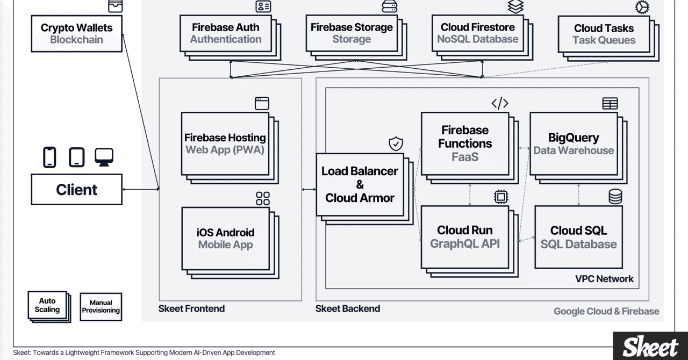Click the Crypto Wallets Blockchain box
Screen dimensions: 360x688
tap(76, 33)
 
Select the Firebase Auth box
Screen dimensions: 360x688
tap(225, 33)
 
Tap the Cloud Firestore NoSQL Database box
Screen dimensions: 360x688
tap(477, 33)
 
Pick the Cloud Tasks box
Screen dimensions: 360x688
tap(604, 34)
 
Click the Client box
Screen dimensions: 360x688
tap(76, 189)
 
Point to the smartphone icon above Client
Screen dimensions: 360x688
tap(49, 157)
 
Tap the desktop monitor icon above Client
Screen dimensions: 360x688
tap(104, 156)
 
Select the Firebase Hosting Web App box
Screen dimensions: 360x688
tap(225, 143)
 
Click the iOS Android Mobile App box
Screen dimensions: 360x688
tap(225, 239)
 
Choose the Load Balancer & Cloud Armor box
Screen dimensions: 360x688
tap(360, 184)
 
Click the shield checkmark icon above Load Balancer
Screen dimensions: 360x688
tap(396, 144)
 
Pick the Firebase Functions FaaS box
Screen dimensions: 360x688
tap(464, 143)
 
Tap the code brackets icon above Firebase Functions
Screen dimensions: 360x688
tap(500, 103)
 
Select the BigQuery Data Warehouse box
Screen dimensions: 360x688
tap(573, 143)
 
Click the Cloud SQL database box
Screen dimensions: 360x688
tap(578, 237)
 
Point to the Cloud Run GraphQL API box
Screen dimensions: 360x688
tap(464, 237)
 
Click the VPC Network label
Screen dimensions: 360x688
tap(604, 279)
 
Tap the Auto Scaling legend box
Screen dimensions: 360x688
tap(47, 305)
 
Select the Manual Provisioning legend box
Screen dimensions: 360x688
tap(101, 307)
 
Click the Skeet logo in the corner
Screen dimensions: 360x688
tap(650, 347)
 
